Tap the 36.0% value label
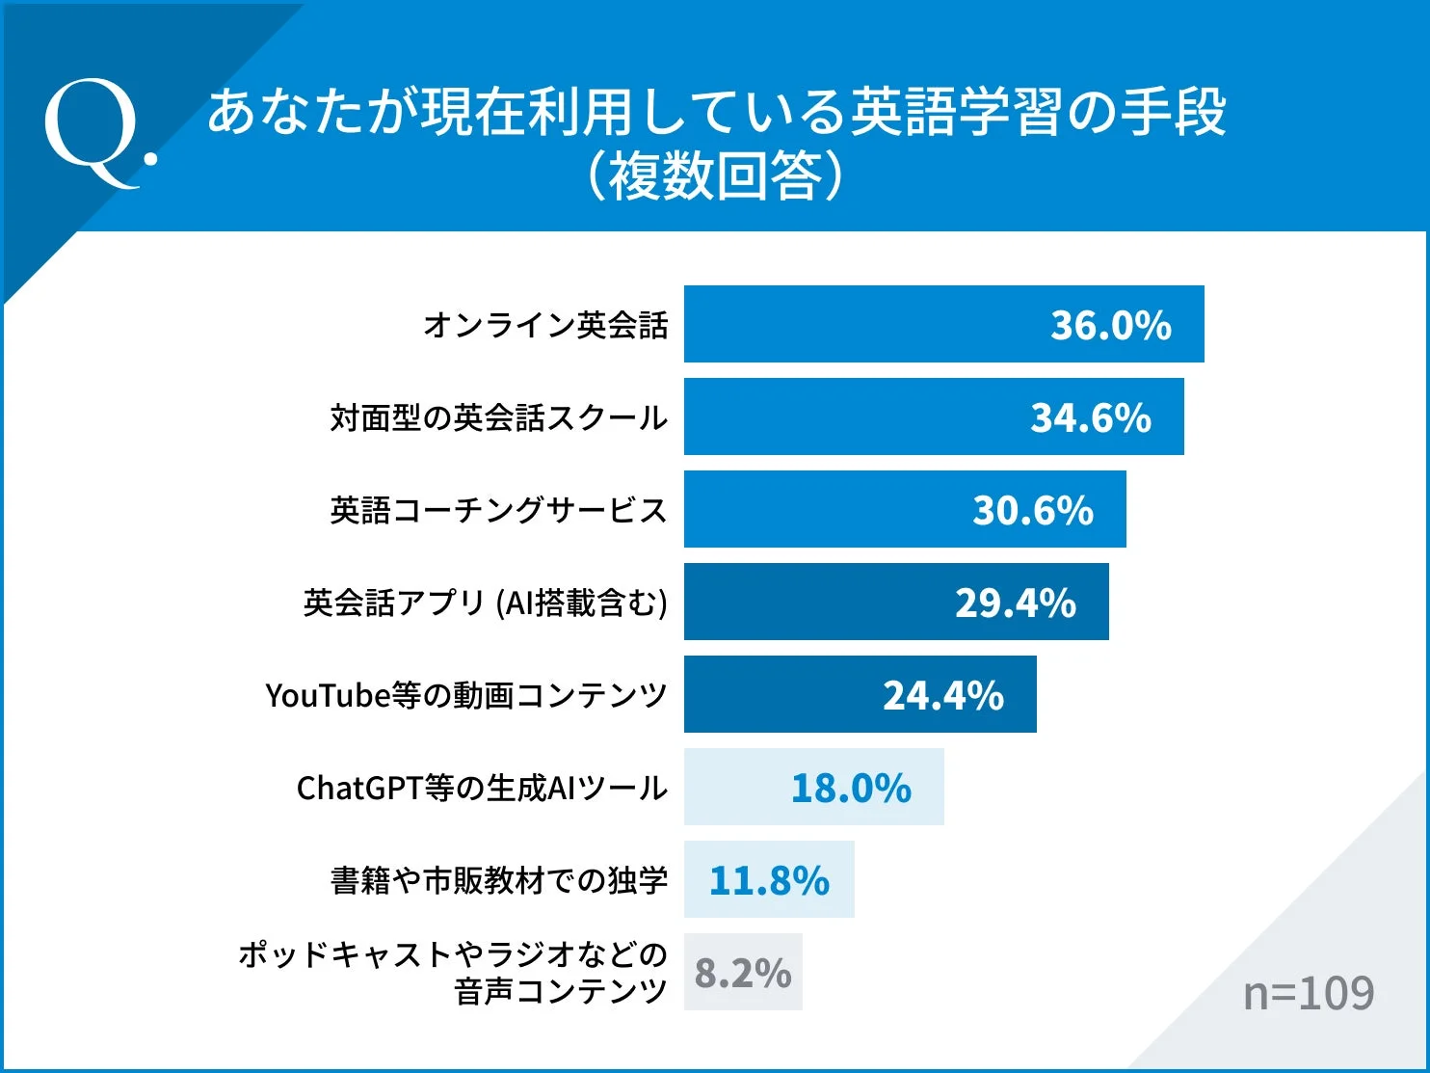(1110, 325)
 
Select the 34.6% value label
(1091, 417)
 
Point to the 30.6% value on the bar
(1033, 510)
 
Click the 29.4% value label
(1016, 603)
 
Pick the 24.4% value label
(943, 695)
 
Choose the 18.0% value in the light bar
(851, 788)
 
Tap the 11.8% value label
(769, 880)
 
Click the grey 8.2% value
(742, 973)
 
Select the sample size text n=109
(1309, 992)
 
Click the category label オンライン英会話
(545, 325)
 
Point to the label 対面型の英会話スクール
(498, 417)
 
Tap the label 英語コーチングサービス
(498, 510)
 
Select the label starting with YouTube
(465, 695)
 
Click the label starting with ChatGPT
(482, 788)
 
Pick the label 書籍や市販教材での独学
(498, 880)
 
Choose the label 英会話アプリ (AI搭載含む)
(485, 603)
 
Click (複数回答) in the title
(715, 176)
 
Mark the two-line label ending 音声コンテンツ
(453, 972)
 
